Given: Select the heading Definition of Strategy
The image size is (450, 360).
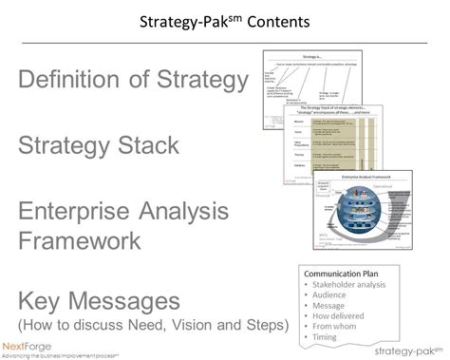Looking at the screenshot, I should click(133, 83).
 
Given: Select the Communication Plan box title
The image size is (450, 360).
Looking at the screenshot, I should click(340, 270).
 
